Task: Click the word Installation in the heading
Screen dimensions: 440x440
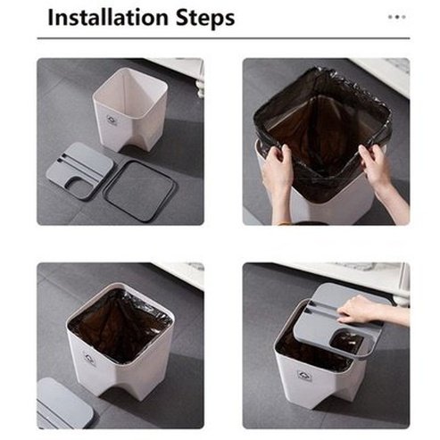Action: pos(108,18)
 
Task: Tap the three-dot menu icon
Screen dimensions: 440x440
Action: pos(396,17)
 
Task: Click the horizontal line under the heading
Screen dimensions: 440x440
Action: pos(223,38)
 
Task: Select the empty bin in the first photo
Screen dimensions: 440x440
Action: pos(129,110)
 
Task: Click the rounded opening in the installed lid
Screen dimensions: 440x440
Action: pos(347,342)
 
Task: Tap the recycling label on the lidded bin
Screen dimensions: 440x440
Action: pos(304,376)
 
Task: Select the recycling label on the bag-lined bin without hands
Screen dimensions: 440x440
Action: pos(89,358)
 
